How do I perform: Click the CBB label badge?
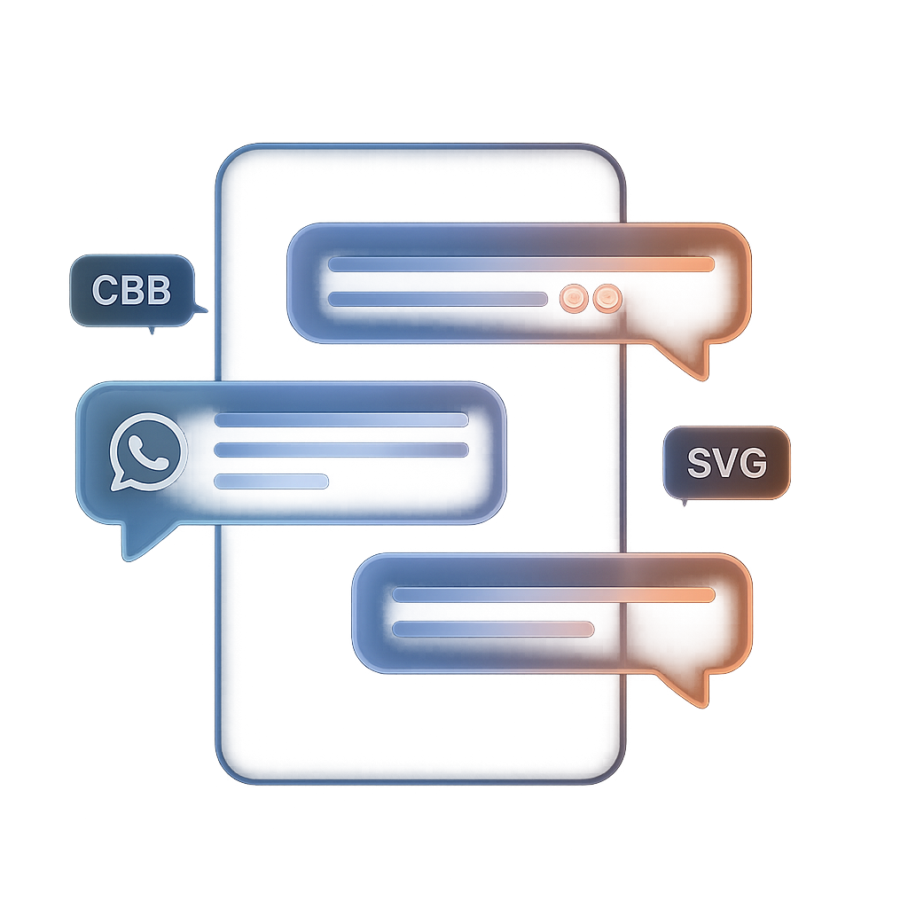click(132, 290)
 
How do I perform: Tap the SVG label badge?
click(726, 463)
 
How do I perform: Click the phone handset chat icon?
click(148, 451)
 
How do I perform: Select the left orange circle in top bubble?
click(574, 299)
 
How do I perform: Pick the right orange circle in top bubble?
click(607, 299)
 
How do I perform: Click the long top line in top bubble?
click(521, 264)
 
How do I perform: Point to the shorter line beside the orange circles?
click(438, 299)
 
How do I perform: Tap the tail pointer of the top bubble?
click(686, 360)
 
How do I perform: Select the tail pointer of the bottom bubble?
click(687, 688)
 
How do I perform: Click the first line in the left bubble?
click(341, 419)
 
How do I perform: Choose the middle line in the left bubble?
click(341, 450)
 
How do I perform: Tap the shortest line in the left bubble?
click(271, 481)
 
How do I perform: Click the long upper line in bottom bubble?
click(553, 595)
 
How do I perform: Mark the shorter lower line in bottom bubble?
click(493, 629)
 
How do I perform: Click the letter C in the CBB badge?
click(106, 290)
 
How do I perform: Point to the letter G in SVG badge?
click(754, 463)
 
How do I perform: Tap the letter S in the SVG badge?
click(700, 463)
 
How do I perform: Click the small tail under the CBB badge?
click(152, 330)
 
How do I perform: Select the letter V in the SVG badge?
click(725, 463)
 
